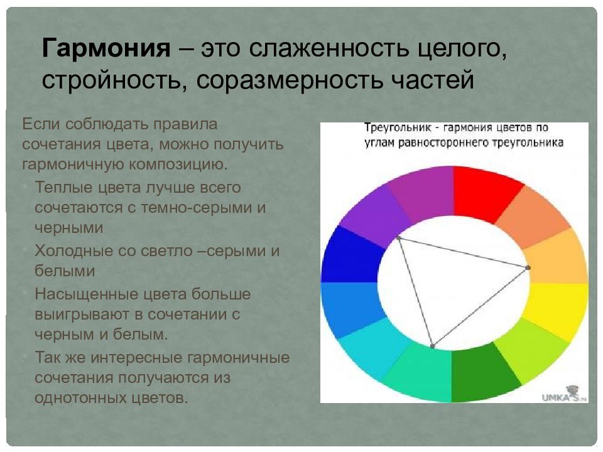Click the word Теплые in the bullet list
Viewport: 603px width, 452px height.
click(63, 187)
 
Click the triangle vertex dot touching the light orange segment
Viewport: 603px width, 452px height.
click(528, 268)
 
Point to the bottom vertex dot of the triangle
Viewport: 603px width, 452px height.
click(432, 346)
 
